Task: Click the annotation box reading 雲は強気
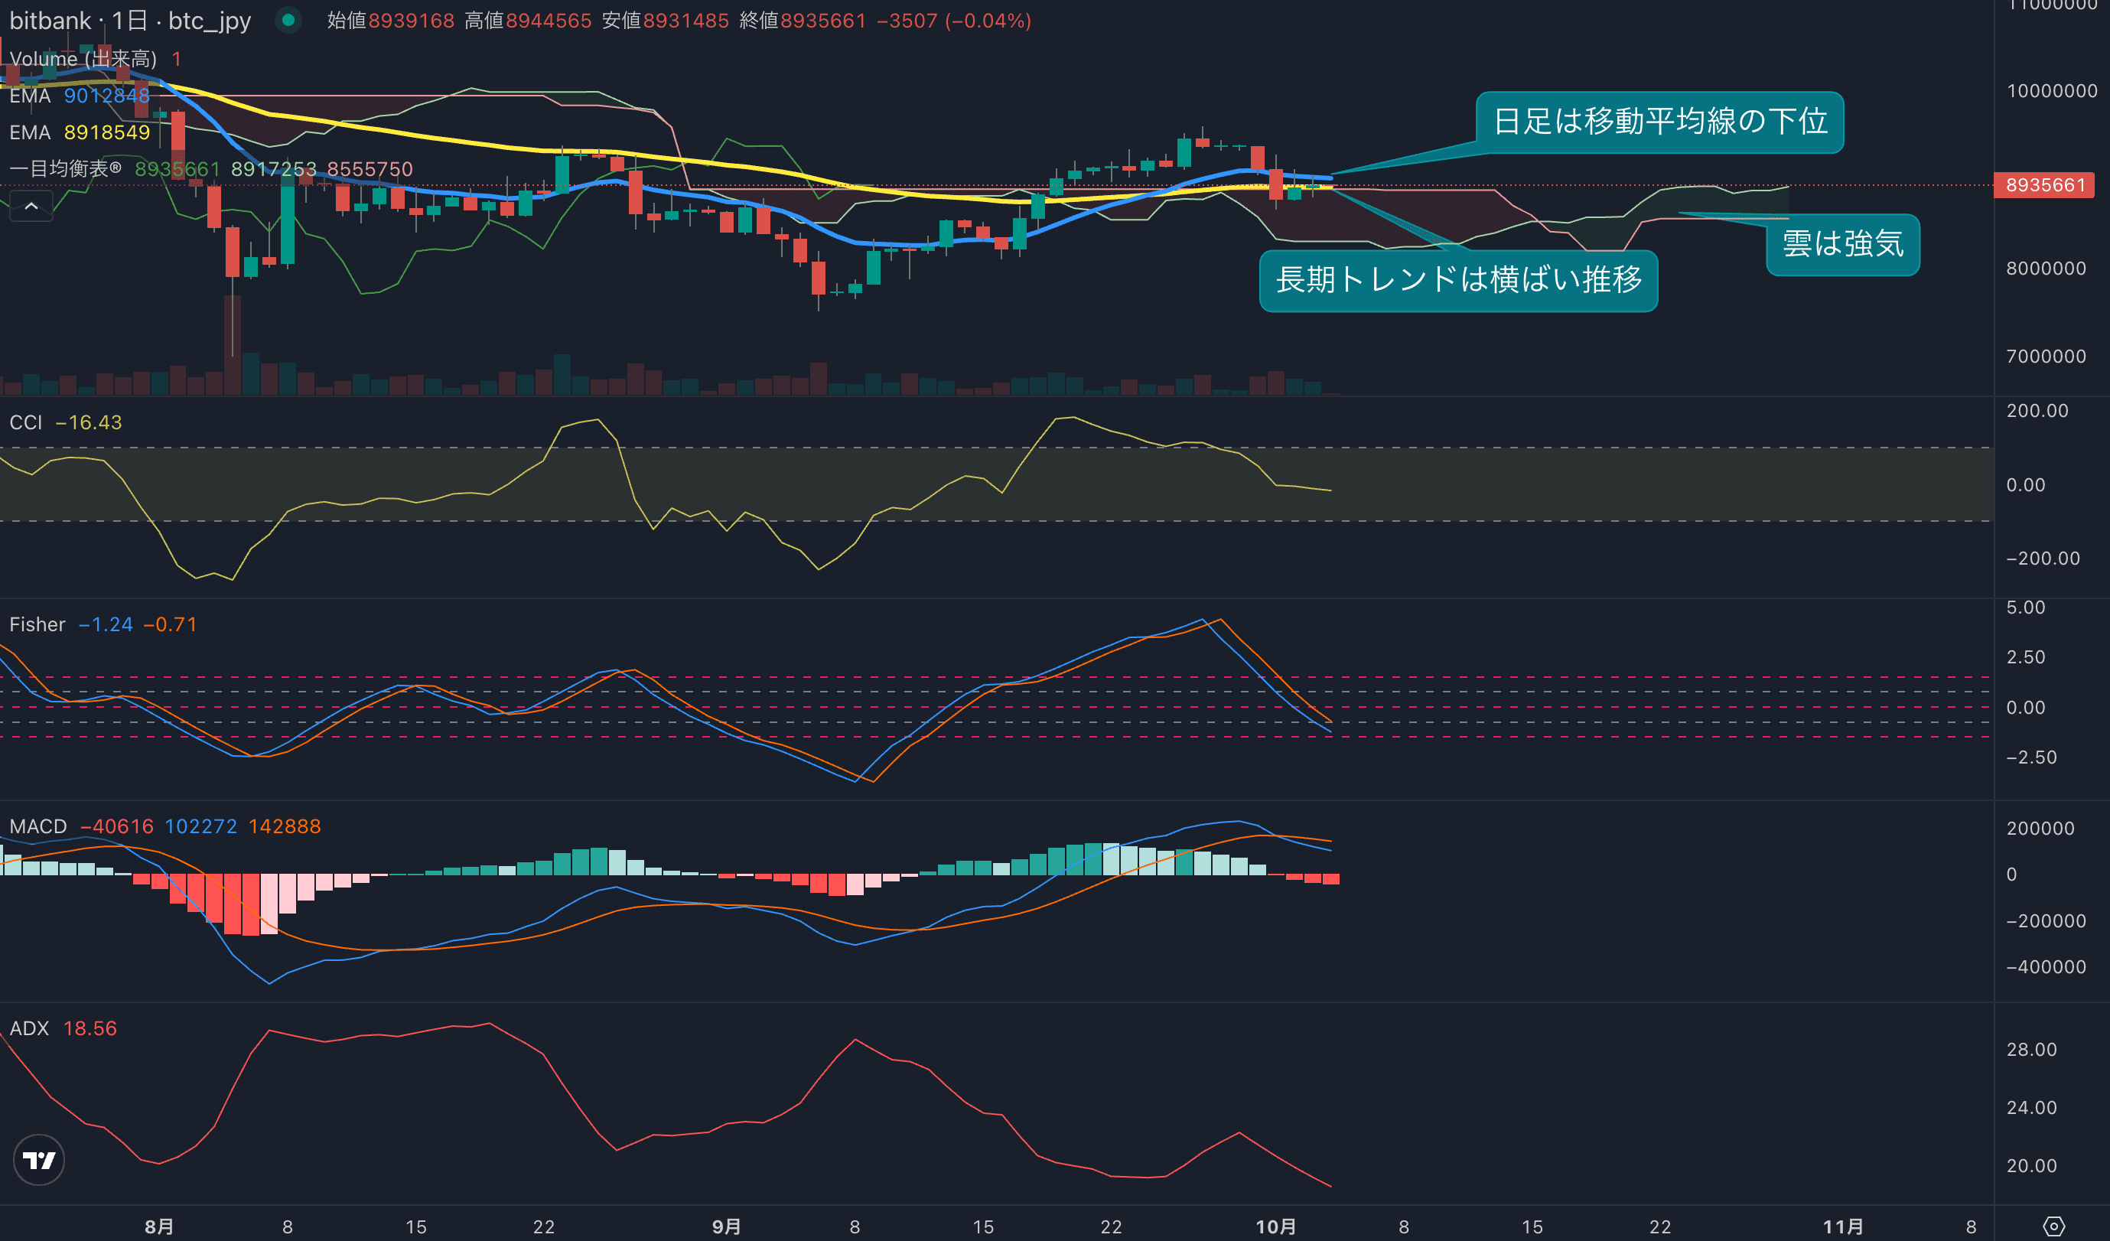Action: coord(1842,243)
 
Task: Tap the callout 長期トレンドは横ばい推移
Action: coord(1457,280)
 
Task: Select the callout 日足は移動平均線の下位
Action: coord(1659,122)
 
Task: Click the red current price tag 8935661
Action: coord(2044,185)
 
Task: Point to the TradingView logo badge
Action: coord(38,1160)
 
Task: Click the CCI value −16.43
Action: coord(89,422)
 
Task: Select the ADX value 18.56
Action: coord(90,1028)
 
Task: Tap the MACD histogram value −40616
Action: coord(116,826)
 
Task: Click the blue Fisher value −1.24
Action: coord(106,624)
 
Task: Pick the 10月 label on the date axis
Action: coord(1275,1226)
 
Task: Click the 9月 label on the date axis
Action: coord(726,1226)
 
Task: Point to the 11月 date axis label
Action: coord(1843,1226)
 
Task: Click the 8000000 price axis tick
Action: coord(2046,269)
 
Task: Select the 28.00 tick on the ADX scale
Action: coord(2031,1050)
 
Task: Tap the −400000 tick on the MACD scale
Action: coord(2046,967)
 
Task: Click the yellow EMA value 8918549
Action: coord(107,132)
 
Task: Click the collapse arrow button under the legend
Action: coord(31,206)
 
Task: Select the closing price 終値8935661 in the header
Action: coord(802,21)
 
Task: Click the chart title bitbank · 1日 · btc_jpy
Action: coord(130,21)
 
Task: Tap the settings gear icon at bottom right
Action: coord(2053,1226)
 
